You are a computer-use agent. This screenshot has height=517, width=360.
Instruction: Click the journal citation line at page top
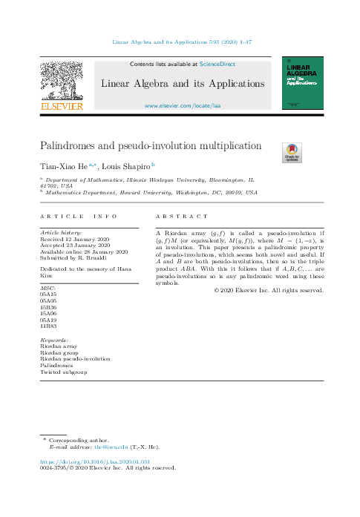[x=179, y=43]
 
